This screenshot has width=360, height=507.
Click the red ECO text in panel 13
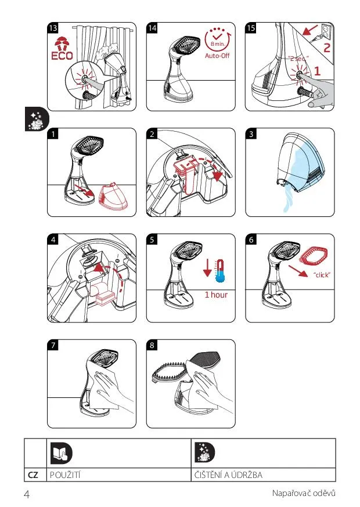(x=62, y=56)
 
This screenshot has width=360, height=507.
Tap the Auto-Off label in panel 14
(x=217, y=56)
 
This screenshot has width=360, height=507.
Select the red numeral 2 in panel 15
(x=327, y=48)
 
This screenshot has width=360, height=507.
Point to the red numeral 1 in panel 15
(x=317, y=71)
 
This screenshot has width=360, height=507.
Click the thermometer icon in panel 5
(x=221, y=271)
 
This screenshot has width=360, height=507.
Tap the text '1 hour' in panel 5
(x=216, y=295)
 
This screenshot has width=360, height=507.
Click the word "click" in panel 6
(x=322, y=275)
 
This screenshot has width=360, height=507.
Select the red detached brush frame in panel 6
(x=314, y=255)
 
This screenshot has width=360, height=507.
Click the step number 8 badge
(x=152, y=345)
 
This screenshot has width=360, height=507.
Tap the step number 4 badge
(x=53, y=239)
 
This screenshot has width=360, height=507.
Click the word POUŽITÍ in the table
(x=65, y=475)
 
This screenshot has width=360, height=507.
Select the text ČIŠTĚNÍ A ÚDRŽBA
(x=228, y=475)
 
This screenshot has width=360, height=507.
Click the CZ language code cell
(x=33, y=475)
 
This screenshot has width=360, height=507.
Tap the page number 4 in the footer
(x=27, y=494)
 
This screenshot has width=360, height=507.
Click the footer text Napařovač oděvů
(x=304, y=493)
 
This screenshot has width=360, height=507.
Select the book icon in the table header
(x=62, y=453)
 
